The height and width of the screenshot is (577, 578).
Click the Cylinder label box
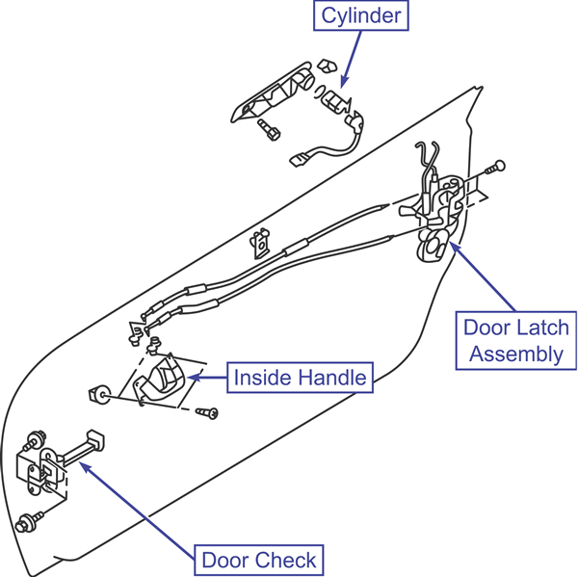pyautogui.click(x=361, y=15)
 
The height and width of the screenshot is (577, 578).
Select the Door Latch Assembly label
pyautogui.click(x=516, y=340)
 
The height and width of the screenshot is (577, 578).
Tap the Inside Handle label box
pyautogui.click(x=300, y=378)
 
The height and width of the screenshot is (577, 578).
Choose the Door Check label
pyautogui.click(x=259, y=560)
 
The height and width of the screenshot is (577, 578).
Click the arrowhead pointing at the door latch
pyautogui.click(x=454, y=247)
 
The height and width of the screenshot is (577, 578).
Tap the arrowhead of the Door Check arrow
pyautogui.click(x=85, y=467)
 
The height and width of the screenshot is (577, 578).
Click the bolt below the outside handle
pyautogui.click(x=269, y=129)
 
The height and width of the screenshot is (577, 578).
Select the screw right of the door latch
pyautogui.click(x=495, y=168)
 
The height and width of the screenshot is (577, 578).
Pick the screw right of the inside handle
pyautogui.click(x=207, y=412)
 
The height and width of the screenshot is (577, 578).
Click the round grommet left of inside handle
pyautogui.click(x=100, y=394)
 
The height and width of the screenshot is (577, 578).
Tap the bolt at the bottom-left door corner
pyautogui.click(x=29, y=521)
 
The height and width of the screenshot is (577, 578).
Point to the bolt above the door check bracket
pyautogui.click(x=35, y=439)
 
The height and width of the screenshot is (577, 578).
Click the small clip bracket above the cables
pyautogui.click(x=261, y=243)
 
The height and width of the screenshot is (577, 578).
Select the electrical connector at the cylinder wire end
pyautogui.click(x=299, y=160)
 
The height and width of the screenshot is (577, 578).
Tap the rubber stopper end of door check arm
pyautogui.click(x=95, y=440)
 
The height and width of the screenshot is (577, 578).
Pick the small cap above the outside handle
pyautogui.click(x=327, y=66)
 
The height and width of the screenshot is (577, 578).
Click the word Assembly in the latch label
pyautogui.click(x=516, y=354)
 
